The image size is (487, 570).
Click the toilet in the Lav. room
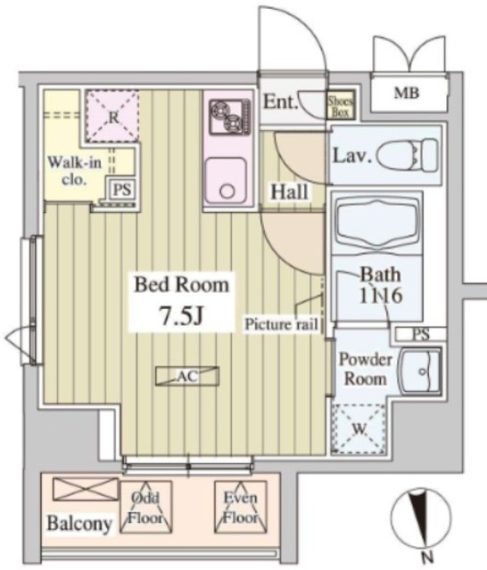tap(408, 156)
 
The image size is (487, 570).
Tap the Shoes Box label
tap(341, 105)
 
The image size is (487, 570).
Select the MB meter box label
tap(407, 94)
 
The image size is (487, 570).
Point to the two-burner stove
tap(230, 117)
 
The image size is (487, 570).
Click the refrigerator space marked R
tap(113, 117)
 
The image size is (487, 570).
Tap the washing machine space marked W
tap(359, 429)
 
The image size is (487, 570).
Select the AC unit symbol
tap(187, 376)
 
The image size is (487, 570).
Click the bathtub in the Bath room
tap(376, 223)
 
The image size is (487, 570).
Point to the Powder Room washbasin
tap(421, 371)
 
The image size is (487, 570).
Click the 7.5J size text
tap(181, 314)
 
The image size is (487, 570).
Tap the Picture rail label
tap(281, 324)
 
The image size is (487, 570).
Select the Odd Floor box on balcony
tap(146, 507)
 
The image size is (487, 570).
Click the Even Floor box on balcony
tap(240, 507)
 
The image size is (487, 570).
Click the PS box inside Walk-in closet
tap(121, 190)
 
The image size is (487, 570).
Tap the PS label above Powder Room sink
tap(421, 334)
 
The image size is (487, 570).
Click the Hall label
tap(289, 191)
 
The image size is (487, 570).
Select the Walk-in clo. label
tap(75, 170)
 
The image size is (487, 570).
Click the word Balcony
tap(79, 524)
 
